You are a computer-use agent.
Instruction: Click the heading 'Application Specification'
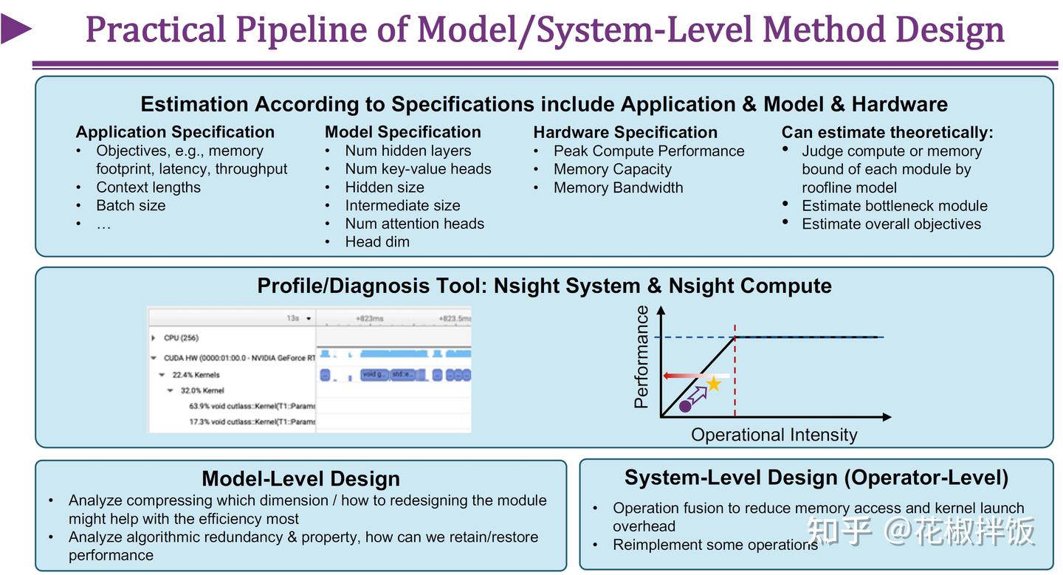click(x=175, y=132)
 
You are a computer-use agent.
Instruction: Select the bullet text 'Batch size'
click(x=131, y=205)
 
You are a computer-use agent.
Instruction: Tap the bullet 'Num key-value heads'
click(x=418, y=169)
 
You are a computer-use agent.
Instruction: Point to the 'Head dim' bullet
click(x=377, y=242)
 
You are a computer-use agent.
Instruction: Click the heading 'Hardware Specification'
click(x=625, y=132)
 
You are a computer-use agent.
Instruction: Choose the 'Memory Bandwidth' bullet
click(x=618, y=187)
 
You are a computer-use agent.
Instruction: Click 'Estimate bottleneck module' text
click(x=894, y=206)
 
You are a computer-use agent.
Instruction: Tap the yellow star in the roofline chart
click(x=714, y=384)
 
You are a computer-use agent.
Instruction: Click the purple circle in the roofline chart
click(x=685, y=406)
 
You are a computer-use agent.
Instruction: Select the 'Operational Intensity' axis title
click(x=774, y=435)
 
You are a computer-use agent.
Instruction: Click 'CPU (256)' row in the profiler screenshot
click(x=181, y=338)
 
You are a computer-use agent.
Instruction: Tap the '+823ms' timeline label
click(x=369, y=318)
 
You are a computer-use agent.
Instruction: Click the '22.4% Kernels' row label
click(x=196, y=375)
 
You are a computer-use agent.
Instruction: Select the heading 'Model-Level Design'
click(x=300, y=478)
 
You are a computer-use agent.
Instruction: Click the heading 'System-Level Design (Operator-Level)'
click(x=816, y=478)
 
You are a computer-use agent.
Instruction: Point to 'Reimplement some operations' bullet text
click(x=715, y=545)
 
